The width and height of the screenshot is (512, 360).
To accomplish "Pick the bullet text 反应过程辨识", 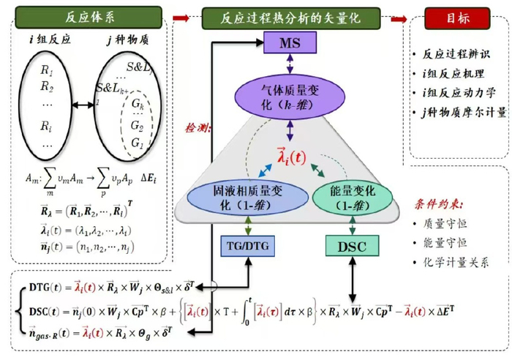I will pos(454,54).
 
